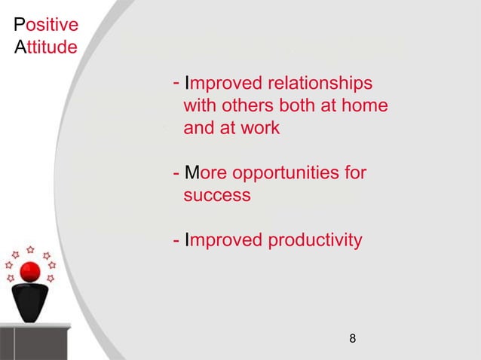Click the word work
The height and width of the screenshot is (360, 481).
(x=259, y=128)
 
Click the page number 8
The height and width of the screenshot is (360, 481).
(x=352, y=339)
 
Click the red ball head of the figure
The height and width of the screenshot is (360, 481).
(x=29, y=272)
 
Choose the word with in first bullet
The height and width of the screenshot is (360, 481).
(x=199, y=105)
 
